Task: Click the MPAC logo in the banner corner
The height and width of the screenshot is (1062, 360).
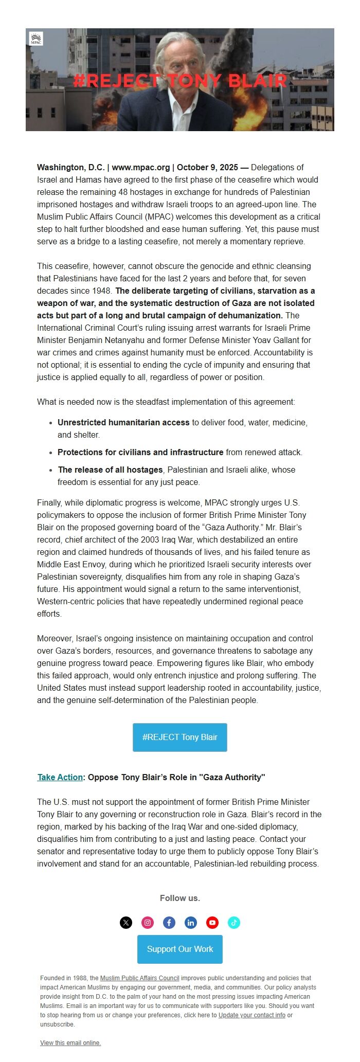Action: pyautogui.click(x=36, y=39)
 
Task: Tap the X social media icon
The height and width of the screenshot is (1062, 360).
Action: pyautogui.click(x=126, y=922)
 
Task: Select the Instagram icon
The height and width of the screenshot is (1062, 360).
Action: pyautogui.click(x=148, y=922)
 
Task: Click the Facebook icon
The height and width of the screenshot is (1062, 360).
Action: pyautogui.click(x=169, y=922)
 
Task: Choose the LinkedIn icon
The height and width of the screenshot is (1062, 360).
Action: pyautogui.click(x=191, y=922)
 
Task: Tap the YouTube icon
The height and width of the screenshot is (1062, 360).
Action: pyautogui.click(x=212, y=922)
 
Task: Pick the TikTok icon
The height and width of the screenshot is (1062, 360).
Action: pyautogui.click(x=234, y=922)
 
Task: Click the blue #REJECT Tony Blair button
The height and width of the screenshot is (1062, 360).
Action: pyautogui.click(x=180, y=737)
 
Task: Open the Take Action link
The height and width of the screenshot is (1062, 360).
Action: pyautogui.click(x=60, y=777)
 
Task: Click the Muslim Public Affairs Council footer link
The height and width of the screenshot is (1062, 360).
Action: pyautogui.click(x=139, y=978)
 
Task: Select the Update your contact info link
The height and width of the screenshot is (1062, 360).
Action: pyautogui.click(x=251, y=1015)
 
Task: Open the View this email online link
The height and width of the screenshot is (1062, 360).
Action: pyautogui.click(x=70, y=1043)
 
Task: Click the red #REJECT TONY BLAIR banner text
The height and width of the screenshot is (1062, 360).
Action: pyautogui.click(x=179, y=81)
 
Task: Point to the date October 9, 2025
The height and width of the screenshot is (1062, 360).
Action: pyautogui.click(x=207, y=167)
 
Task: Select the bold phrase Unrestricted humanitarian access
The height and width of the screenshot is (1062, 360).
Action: pyautogui.click(x=123, y=422)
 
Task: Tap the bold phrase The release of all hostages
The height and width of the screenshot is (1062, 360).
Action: pyautogui.click(x=111, y=470)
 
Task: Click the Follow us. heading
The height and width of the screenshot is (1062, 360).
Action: pyautogui.click(x=180, y=898)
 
